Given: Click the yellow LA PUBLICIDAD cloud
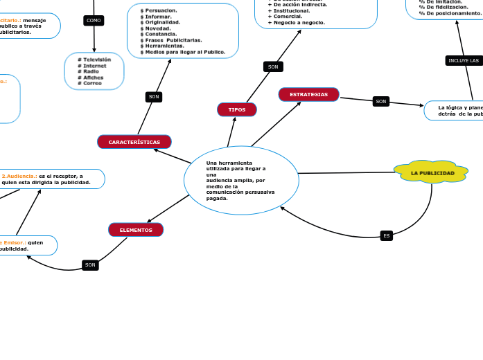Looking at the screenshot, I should [x=432, y=172].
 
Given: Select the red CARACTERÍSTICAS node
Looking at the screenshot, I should [x=134, y=142].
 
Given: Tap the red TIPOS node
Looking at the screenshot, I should [x=237, y=109].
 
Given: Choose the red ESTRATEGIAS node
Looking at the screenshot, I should [x=308, y=94].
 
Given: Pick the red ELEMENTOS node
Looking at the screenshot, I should [x=136, y=230].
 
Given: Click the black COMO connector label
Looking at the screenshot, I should [x=94, y=21].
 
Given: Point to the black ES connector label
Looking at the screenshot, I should [x=387, y=235].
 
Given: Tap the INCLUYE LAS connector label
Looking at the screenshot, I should [x=464, y=61].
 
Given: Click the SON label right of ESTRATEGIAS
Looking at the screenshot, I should [x=380, y=102].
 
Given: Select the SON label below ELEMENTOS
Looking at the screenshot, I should [x=89, y=265].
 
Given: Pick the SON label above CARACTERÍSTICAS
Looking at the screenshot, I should [x=154, y=97].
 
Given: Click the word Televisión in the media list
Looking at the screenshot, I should [x=97, y=60].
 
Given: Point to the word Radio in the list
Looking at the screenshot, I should [x=91, y=71].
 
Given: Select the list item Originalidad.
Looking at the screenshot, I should [x=162, y=22].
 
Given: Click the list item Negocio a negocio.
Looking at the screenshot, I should [x=299, y=22].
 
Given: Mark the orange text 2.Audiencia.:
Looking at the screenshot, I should [x=19, y=176].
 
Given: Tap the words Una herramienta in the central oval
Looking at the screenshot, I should [x=229, y=163].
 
